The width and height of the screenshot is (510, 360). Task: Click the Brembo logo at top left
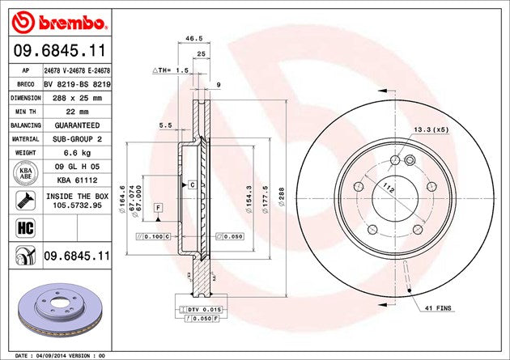click(x=59, y=22)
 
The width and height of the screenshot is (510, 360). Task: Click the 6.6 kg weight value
click(x=77, y=153)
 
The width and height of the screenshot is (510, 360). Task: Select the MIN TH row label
click(x=26, y=112)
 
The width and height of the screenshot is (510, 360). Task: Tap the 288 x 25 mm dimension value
click(x=77, y=98)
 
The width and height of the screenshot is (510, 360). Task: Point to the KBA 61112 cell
click(x=77, y=180)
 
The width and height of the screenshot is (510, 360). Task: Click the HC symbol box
click(x=26, y=228)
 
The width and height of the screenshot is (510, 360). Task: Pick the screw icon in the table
click(x=26, y=200)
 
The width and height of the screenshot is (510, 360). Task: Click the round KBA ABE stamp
click(x=26, y=173)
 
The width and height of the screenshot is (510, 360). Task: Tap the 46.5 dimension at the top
click(x=193, y=38)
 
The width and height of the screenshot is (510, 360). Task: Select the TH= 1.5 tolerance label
click(x=171, y=70)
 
